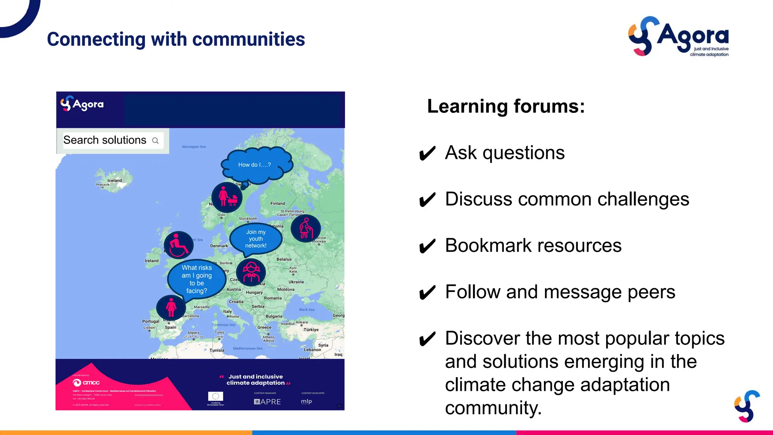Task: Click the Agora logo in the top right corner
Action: point(678,37)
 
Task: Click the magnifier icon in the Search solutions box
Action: point(155,140)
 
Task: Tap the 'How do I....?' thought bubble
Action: point(256,165)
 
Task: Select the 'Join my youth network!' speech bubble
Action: point(256,239)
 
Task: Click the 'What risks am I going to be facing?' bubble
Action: point(196,279)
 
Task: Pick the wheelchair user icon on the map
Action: point(179,245)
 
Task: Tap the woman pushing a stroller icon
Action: point(227,197)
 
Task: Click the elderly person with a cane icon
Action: point(306,228)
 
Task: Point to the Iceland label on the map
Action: point(115,180)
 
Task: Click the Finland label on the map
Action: point(278,204)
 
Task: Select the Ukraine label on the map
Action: point(296,282)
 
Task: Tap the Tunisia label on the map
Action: point(217,350)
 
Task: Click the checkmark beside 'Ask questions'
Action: point(427,154)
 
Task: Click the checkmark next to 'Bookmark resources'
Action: point(427,247)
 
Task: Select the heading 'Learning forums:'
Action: point(506,106)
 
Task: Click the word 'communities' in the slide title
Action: point(248,39)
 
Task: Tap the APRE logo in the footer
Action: point(267,402)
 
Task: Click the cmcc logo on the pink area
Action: point(86,383)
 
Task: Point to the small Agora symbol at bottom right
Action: point(747,406)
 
